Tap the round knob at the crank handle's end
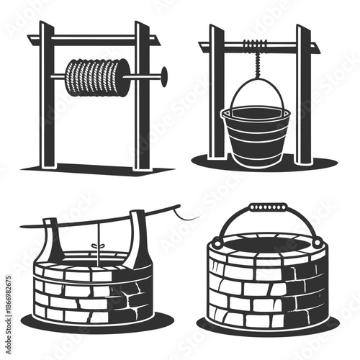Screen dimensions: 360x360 point(164,73)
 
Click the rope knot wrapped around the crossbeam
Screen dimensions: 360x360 point(252,45)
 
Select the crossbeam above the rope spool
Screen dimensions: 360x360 point(94,40)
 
